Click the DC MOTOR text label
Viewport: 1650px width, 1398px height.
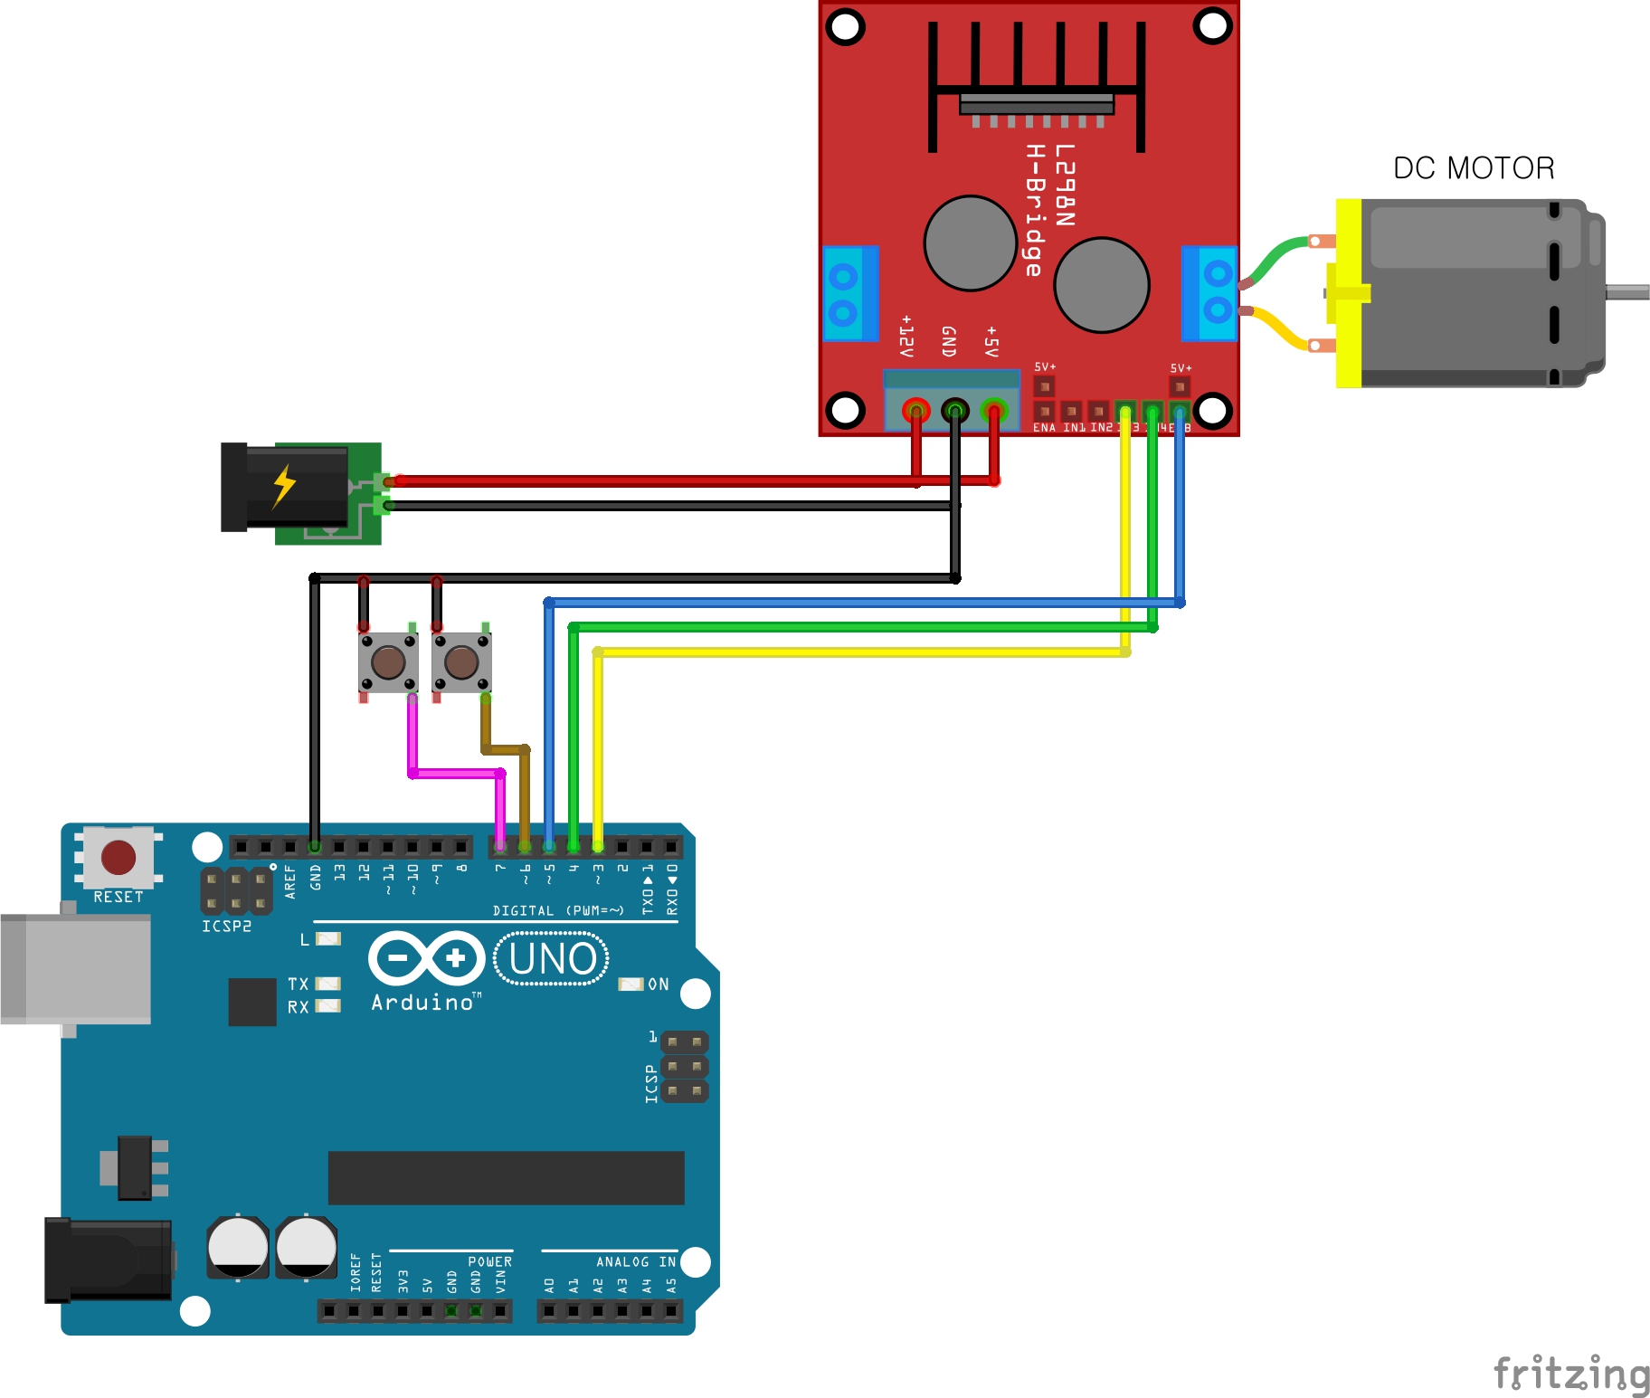pos(1473,168)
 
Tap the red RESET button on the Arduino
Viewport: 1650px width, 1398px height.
pos(119,857)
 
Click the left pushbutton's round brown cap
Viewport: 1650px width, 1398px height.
pos(388,662)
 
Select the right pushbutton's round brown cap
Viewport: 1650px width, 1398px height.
pos(461,662)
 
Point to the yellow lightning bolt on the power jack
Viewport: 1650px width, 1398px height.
pos(284,486)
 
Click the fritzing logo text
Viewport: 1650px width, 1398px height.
pos(1570,1374)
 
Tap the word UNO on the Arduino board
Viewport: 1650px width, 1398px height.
pos(552,959)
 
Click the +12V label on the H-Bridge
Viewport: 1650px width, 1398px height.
pos(906,337)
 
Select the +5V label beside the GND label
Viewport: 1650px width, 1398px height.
pos(991,342)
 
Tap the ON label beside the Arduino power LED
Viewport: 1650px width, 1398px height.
pos(659,984)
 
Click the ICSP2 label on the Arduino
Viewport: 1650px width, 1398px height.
pos(226,927)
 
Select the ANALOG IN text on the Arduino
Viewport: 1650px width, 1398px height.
pos(635,1261)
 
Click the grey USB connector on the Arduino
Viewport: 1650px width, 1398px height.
pos(77,968)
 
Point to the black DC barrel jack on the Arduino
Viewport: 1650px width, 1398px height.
pos(109,1260)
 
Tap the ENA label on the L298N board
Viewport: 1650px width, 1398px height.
pos(1044,428)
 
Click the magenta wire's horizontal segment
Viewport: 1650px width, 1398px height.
pos(456,774)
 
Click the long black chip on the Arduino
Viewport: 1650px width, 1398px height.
pos(506,1177)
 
